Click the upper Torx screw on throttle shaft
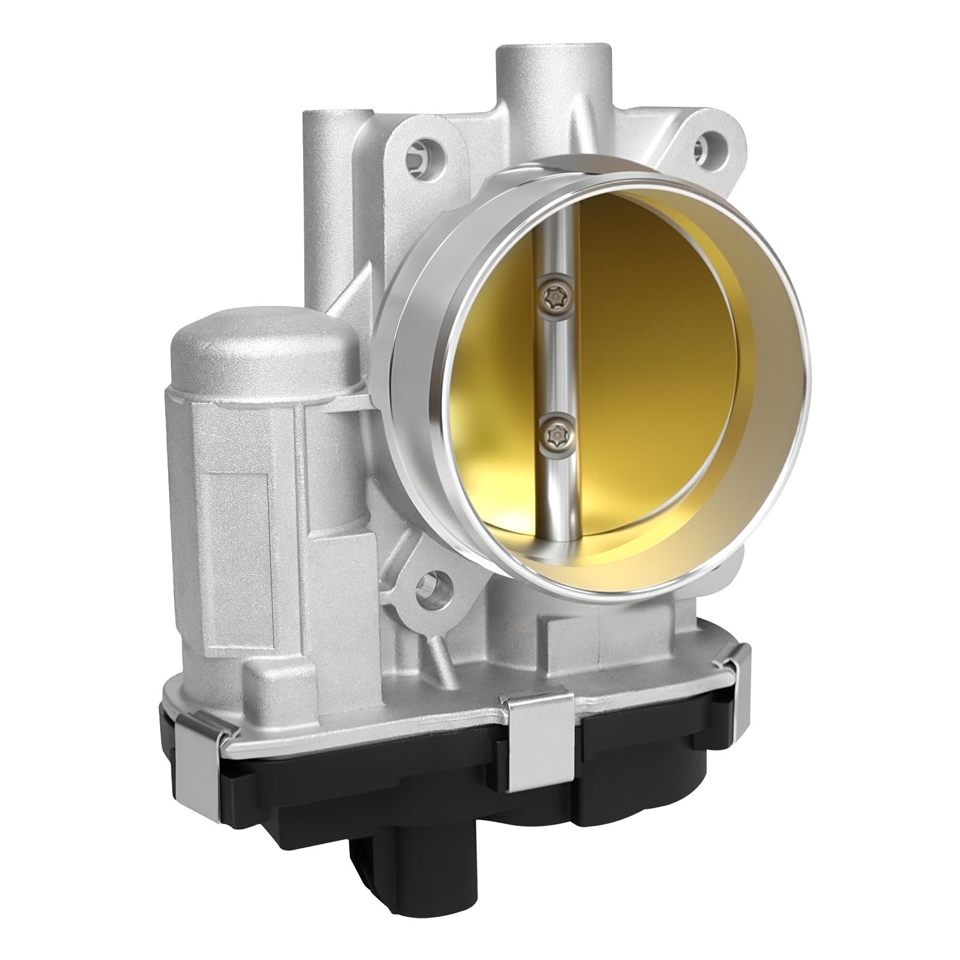[551, 295]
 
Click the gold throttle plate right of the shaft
[660, 360]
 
